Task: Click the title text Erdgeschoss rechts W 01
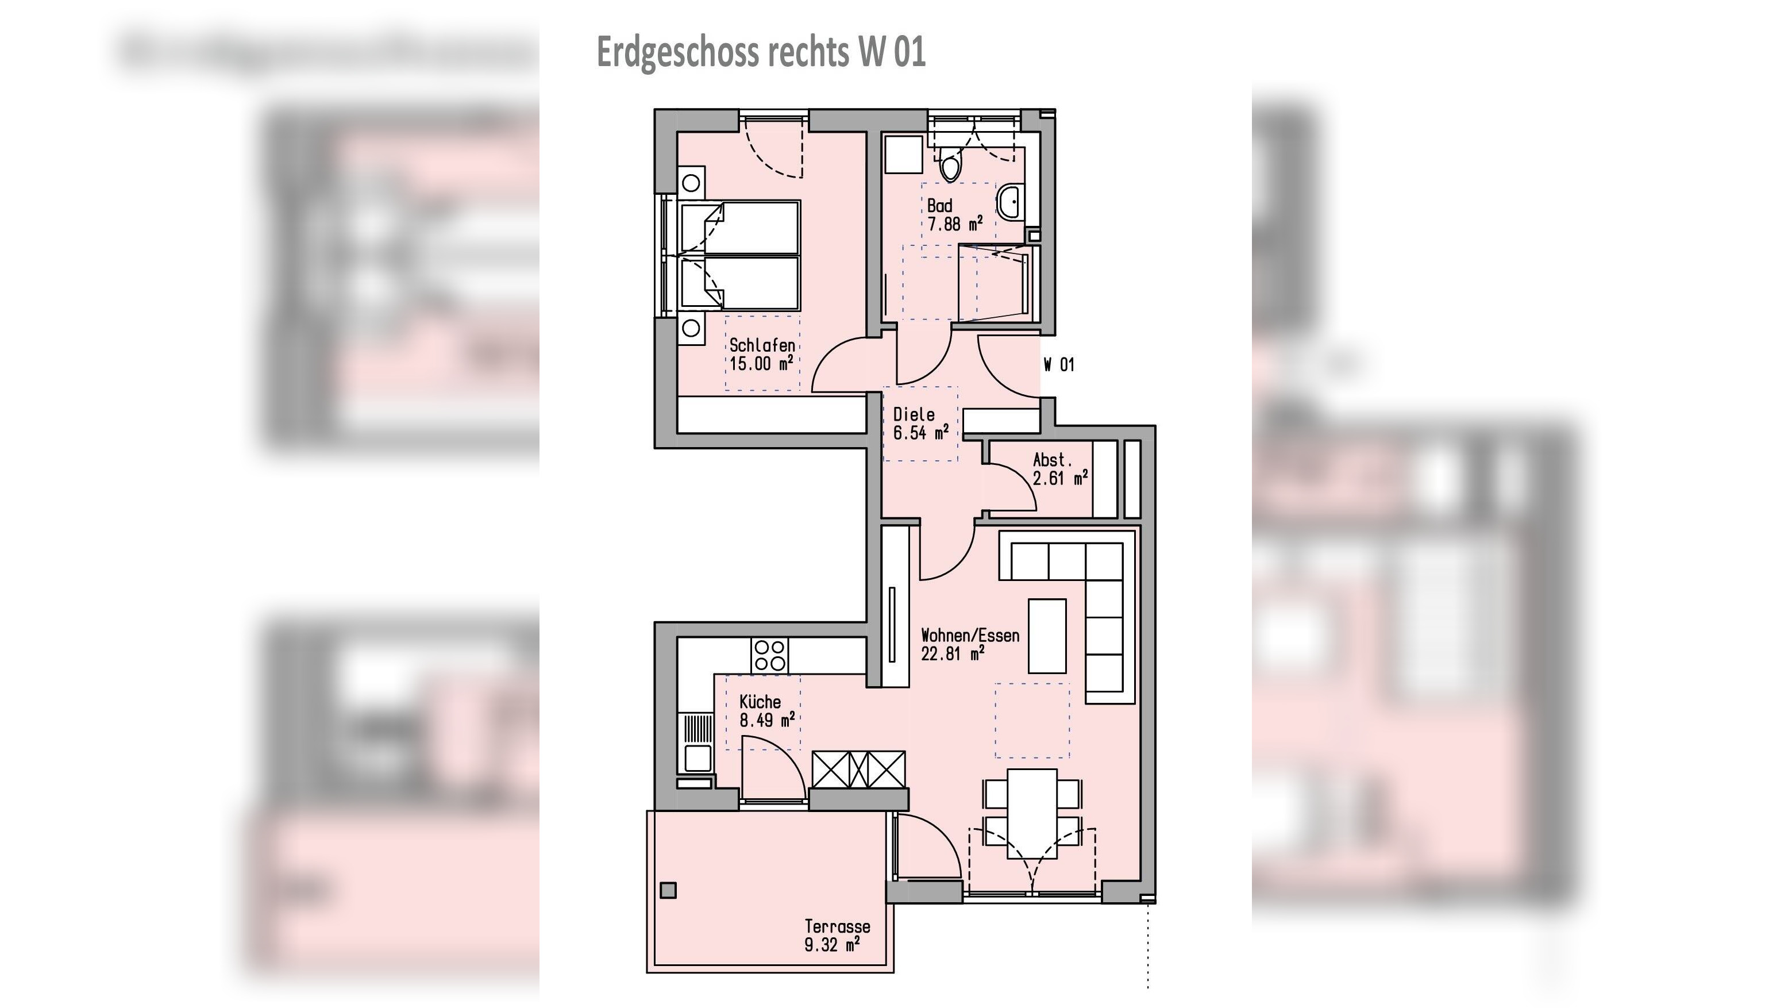click(761, 52)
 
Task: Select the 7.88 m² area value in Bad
click(954, 224)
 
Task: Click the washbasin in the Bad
click(1009, 201)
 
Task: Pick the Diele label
click(914, 414)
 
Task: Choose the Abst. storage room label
click(1052, 460)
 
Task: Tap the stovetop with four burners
click(769, 655)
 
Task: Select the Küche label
click(760, 702)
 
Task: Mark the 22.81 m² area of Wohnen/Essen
click(953, 654)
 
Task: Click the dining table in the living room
click(1032, 813)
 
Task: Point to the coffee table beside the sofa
click(1047, 636)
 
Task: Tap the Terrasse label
click(837, 926)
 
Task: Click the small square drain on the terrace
click(668, 890)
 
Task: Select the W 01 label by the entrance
click(1059, 364)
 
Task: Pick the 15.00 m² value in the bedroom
click(761, 364)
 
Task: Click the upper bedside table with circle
click(691, 183)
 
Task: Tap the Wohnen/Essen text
click(970, 635)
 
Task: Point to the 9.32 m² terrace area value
click(832, 945)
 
